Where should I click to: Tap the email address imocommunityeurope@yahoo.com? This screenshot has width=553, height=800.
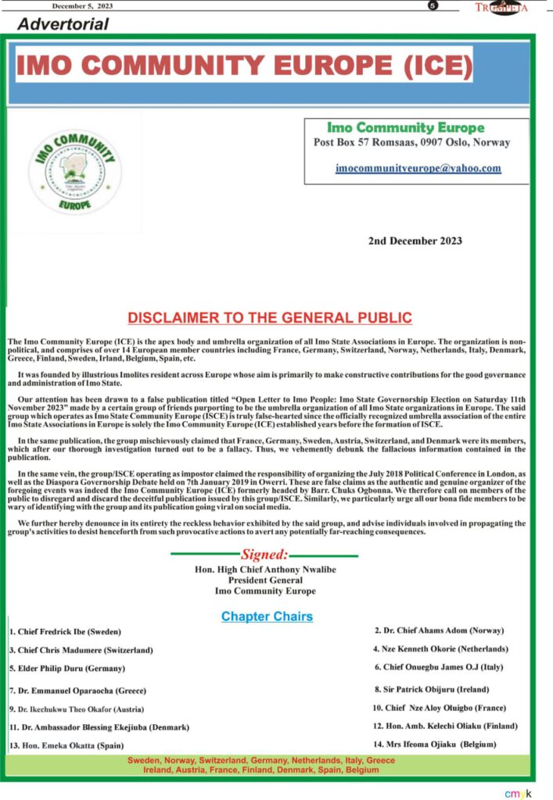click(418, 168)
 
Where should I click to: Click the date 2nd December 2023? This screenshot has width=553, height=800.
click(415, 241)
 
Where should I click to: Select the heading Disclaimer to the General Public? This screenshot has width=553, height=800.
click(270, 318)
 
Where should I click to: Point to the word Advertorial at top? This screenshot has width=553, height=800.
click(63, 23)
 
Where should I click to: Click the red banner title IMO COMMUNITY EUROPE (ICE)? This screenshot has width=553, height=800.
click(244, 66)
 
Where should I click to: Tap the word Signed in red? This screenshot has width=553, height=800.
click(264, 555)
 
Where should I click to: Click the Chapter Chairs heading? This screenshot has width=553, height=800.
click(267, 616)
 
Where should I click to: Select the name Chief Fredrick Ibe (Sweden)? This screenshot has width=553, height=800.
click(66, 631)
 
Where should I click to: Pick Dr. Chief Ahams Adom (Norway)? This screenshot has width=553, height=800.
click(439, 630)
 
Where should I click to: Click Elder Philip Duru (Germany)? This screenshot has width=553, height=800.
click(67, 668)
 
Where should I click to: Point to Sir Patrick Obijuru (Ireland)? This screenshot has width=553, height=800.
click(432, 689)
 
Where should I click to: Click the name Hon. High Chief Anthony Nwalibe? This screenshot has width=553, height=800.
click(265, 570)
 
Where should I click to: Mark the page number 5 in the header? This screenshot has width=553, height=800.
click(433, 6)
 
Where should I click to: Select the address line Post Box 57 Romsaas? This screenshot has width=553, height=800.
click(411, 142)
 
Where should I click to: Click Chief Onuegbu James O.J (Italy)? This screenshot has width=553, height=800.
click(438, 666)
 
